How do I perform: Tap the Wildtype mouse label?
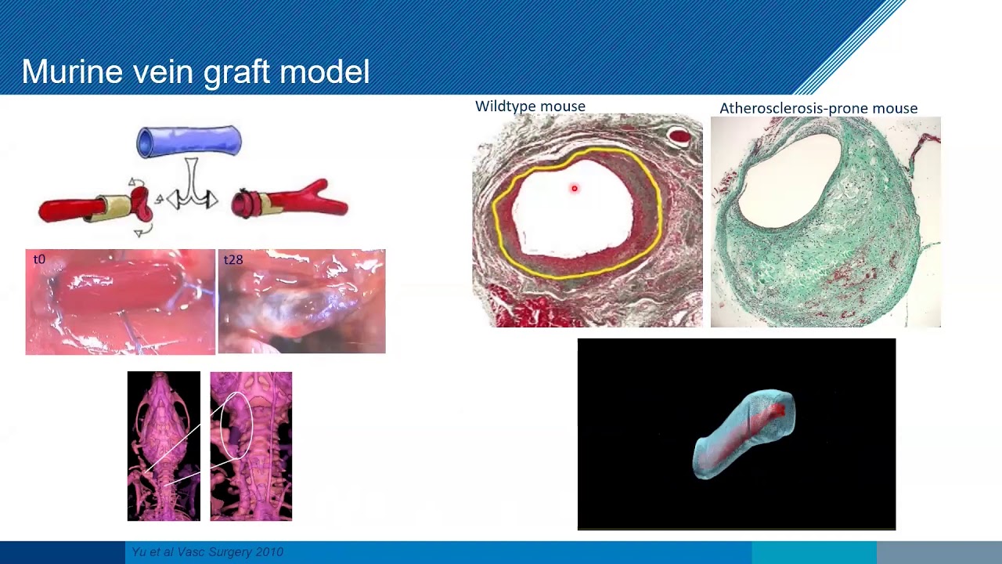click(x=530, y=106)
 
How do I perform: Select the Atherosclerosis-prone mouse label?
click(x=818, y=108)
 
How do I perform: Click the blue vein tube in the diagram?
click(x=189, y=141)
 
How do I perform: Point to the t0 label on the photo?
click(x=39, y=259)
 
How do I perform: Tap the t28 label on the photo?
click(x=233, y=259)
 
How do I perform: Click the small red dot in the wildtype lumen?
click(x=574, y=188)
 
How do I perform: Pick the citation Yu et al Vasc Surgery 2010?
click(x=207, y=552)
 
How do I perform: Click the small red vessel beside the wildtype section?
click(x=679, y=137)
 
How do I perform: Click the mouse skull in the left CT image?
click(x=164, y=399)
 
